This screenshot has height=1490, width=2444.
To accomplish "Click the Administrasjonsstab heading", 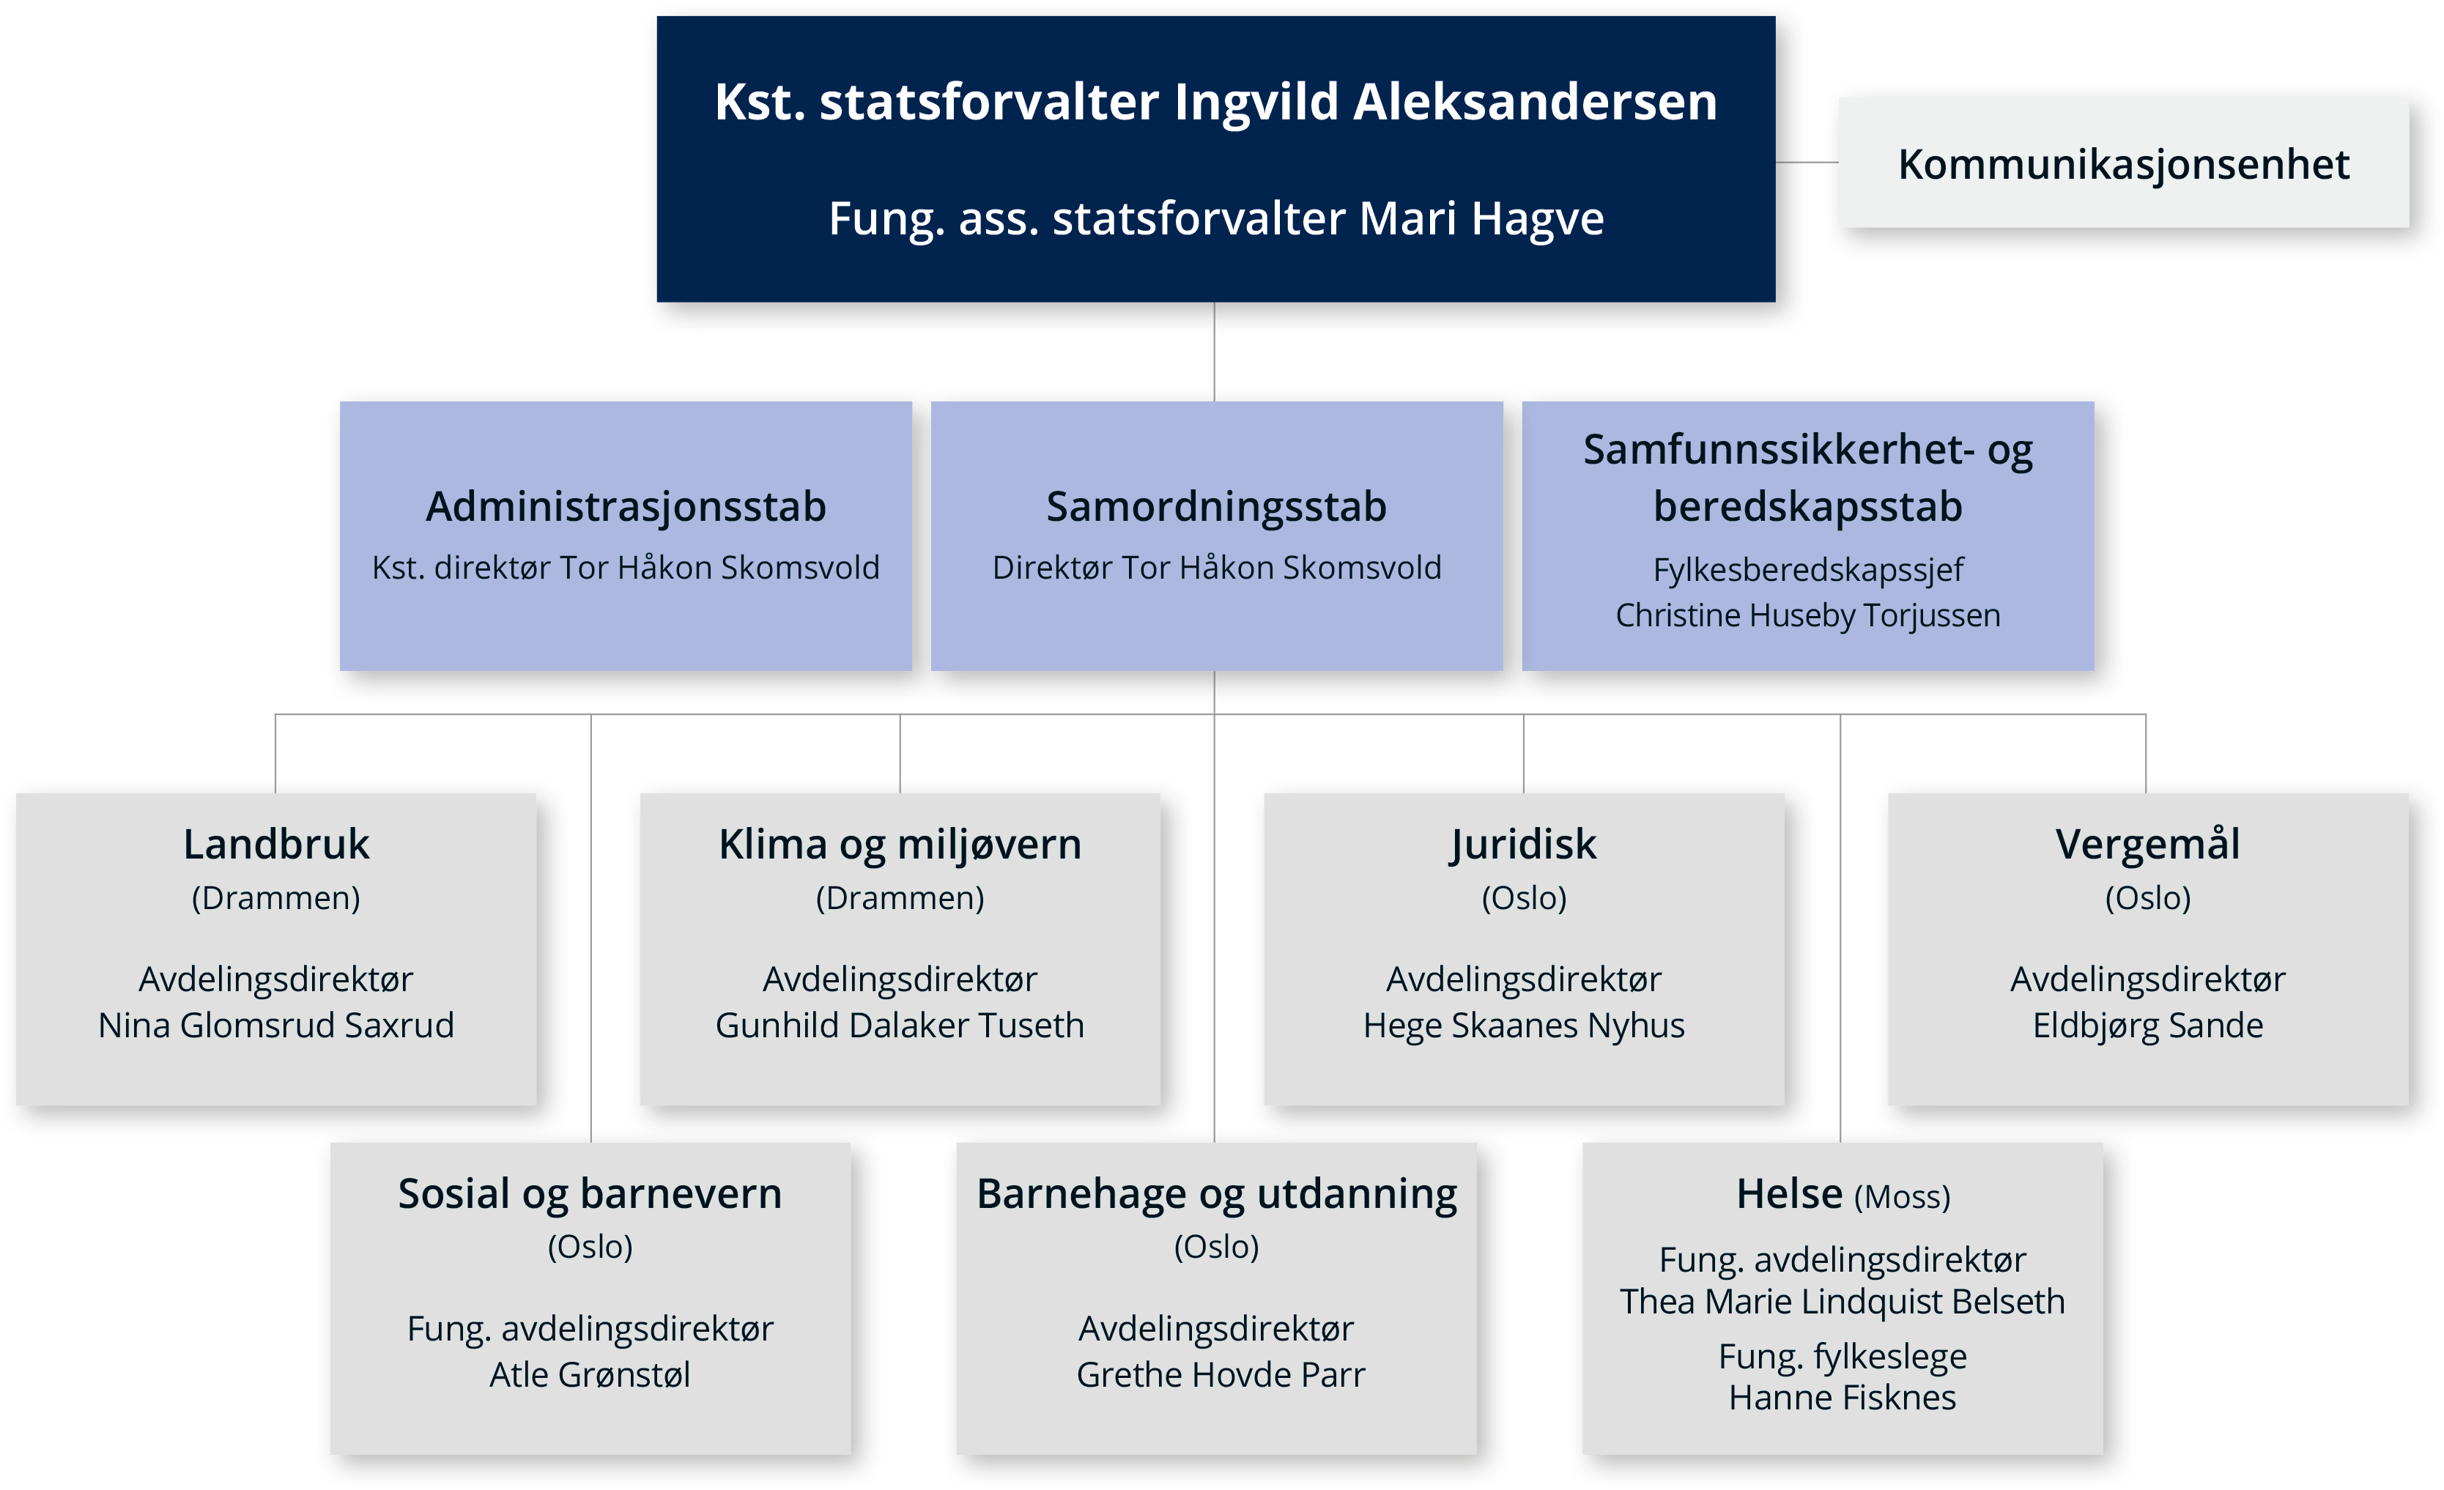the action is (626, 507).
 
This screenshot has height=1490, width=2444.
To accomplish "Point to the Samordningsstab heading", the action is (1216, 507).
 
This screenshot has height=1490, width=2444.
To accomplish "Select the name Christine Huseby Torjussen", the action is (1807, 616).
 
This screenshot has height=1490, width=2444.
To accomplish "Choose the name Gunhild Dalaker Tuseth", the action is (900, 1025).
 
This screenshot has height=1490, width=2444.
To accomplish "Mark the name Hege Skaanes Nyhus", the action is (1524, 1026).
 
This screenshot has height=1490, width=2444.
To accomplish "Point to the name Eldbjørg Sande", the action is (2147, 1026).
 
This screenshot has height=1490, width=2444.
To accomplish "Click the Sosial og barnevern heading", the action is (590, 1194).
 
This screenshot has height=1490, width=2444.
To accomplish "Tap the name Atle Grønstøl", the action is (590, 1374).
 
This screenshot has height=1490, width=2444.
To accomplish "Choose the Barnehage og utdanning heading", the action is (1216, 1194).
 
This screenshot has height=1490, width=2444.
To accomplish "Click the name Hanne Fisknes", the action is (1842, 1398).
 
